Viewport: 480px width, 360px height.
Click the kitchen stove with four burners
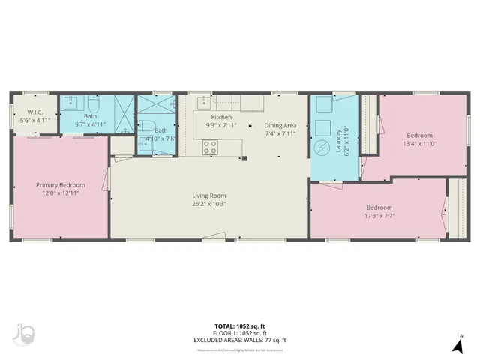pos(210,148)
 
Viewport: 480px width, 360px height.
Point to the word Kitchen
pos(221,118)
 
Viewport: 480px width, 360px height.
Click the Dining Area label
pos(280,125)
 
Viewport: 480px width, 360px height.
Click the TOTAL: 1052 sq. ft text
pos(240,326)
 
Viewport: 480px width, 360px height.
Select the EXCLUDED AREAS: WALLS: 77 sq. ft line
pos(240,340)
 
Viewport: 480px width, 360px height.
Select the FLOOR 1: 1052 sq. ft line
pos(240,333)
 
